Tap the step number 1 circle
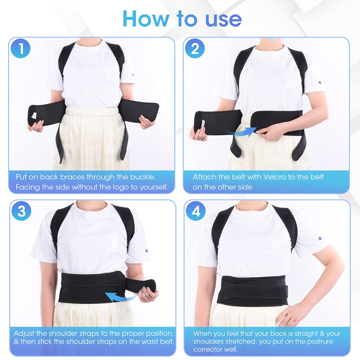coord(21,48)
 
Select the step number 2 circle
coord(195,48)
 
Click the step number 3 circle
coord(22,211)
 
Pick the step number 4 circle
coord(196,211)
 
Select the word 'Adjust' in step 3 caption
coord(24,334)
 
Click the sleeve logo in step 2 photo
coord(320,82)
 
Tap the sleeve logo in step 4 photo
coord(320,238)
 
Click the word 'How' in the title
coord(146,19)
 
